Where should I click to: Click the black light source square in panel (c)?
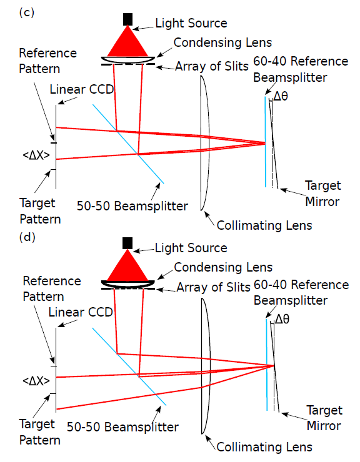pos(127,19)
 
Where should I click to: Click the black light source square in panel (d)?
pos(127,243)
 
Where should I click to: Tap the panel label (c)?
pos(27,12)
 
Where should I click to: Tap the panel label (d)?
pos(27,237)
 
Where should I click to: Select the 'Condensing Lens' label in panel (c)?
pos(222,42)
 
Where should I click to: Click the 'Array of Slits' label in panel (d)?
pos(213,287)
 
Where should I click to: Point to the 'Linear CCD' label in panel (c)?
pos(82,89)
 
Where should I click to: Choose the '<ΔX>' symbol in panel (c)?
pos(36,155)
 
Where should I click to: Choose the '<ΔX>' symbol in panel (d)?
pos(36,381)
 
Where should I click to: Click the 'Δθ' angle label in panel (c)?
pos(281,96)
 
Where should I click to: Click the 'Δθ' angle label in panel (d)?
pos(282,319)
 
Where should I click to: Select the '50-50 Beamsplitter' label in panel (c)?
pos(132,206)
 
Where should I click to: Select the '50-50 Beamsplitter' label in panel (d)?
pos(122,427)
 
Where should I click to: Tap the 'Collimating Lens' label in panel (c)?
pos(264,226)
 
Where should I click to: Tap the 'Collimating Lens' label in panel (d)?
pos(264,447)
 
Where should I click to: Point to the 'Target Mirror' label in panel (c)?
pos(323,194)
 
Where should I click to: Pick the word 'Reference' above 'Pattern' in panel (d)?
pos(52,281)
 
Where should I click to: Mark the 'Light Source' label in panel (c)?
pos(191,23)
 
